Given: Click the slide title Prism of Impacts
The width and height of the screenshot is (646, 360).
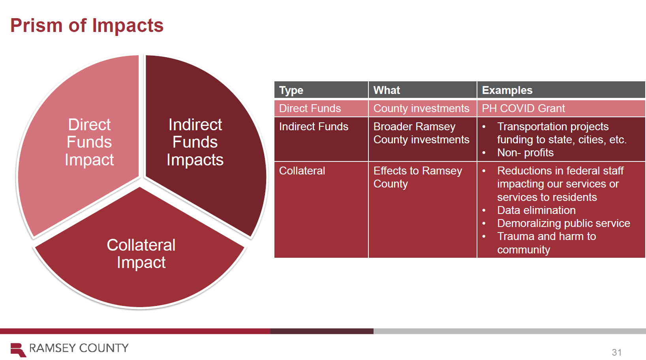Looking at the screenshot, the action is [x=87, y=26].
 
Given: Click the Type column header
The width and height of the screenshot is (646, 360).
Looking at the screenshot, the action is [x=291, y=90].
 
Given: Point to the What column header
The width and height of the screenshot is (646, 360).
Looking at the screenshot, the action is [x=387, y=90].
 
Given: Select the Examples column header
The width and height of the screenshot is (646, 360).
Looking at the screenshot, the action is [x=507, y=90].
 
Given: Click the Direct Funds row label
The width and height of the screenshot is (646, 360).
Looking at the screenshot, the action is [x=310, y=109].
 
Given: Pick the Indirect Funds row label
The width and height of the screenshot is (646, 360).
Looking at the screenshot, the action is [x=314, y=127].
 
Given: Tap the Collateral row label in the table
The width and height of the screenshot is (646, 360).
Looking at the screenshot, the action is [x=302, y=171].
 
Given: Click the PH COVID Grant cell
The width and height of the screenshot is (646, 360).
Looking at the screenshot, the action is [x=523, y=109].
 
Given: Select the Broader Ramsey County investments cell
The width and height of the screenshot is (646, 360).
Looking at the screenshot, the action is [x=421, y=133].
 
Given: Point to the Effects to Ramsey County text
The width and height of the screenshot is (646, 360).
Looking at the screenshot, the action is [x=418, y=177].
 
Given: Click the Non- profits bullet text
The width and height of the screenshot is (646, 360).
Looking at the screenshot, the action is [x=525, y=152].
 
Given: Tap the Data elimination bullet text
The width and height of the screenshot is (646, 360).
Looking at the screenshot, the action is [x=536, y=210].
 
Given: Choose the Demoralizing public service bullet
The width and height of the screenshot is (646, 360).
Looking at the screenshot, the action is [x=563, y=223].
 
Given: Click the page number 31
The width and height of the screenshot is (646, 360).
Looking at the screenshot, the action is [x=617, y=352].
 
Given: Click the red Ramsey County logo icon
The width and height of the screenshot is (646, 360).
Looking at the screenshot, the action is [x=18, y=350].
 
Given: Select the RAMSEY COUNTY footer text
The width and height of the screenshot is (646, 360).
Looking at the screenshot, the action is [x=79, y=348].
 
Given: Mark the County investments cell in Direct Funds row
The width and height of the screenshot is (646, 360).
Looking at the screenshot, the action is [x=421, y=109].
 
